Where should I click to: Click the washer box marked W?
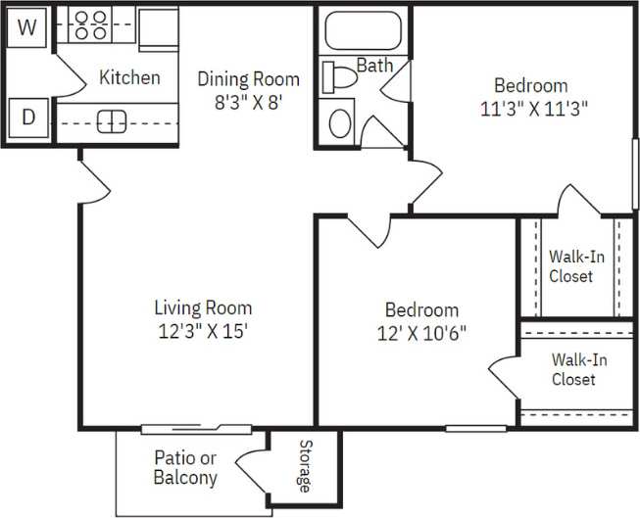pyautogui.click(x=27, y=27)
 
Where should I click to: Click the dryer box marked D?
pyautogui.click(x=28, y=119)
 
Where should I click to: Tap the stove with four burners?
pyautogui.click(x=91, y=24)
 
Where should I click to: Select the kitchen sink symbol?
pyautogui.click(x=112, y=120)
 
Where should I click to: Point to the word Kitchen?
pyautogui.click(x=129, y=77)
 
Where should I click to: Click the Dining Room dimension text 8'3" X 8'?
pyautogui.click(x=247, y=101)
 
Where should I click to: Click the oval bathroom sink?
pyautogui.click(x=340, y=122)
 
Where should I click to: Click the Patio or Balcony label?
pyautogui.click(x=185, y=467)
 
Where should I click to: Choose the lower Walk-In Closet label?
pyautogui.click(x=577, y=369)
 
